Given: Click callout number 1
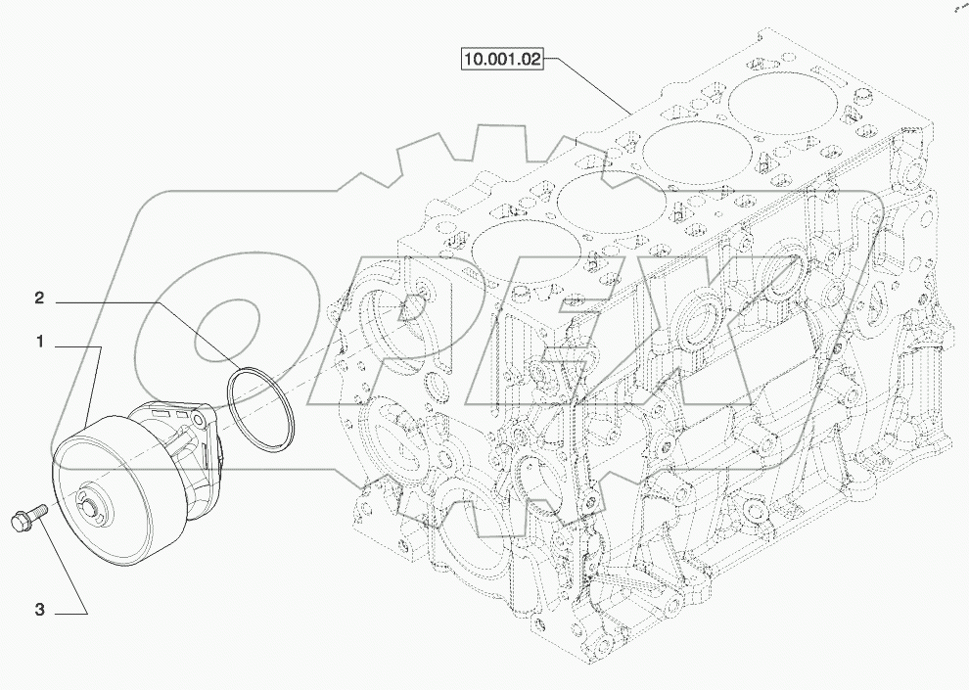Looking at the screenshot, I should tap(40, 343).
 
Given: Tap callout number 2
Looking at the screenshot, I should tap(40, 297).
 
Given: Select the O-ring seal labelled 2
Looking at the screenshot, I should tap(261, 410).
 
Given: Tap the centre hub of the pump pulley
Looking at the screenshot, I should tap(87, 505).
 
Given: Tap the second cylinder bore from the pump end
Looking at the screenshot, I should tap(599, 202).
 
